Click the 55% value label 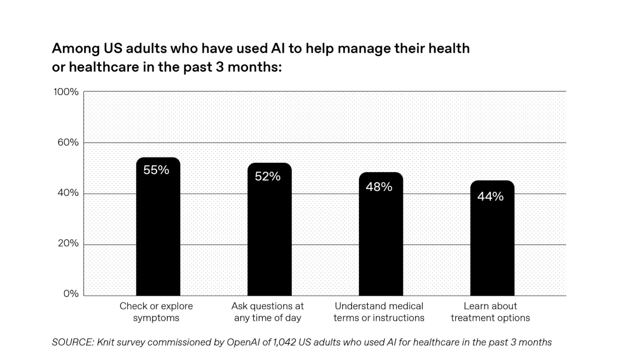(x=156, y=170)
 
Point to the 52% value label (x=267, y=176)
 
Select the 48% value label (x=379, y=187)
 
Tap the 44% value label (x=490, y=197)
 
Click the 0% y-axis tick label (x=71, y=294)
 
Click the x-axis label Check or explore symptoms (x=156, y=312)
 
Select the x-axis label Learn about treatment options (x=490, y=312)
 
